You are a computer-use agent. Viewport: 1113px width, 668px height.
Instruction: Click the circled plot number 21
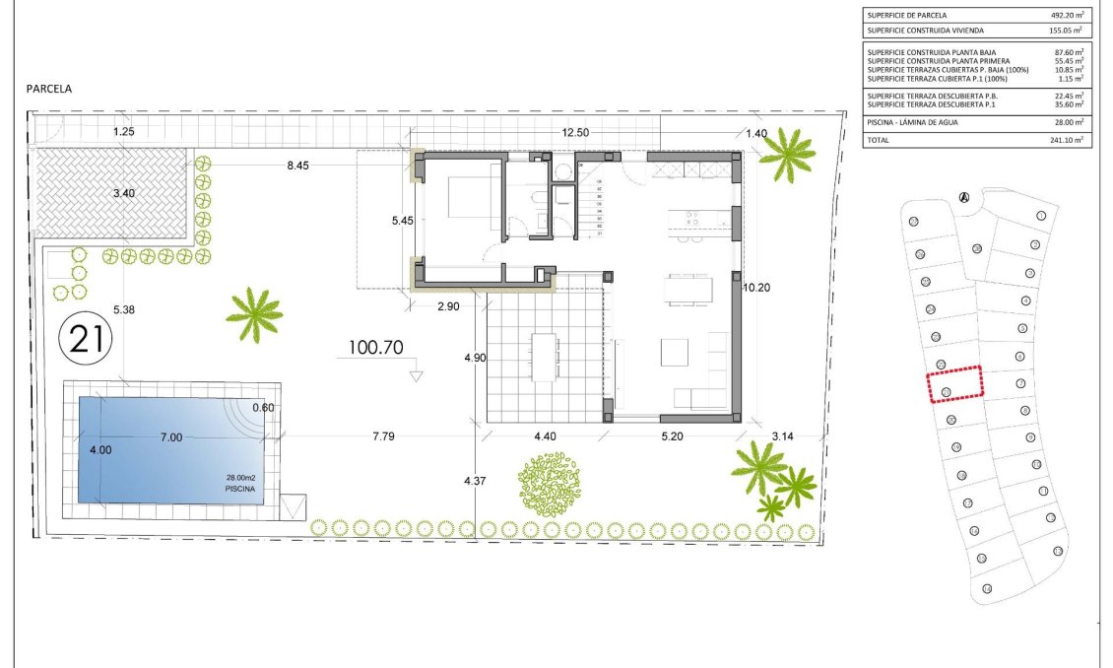[87, 339]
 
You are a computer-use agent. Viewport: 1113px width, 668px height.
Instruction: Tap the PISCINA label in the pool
[239, 488]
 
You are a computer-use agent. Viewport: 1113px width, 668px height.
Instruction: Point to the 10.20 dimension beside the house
[757, 287]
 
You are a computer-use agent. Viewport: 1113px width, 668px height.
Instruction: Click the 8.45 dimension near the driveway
[297, 166]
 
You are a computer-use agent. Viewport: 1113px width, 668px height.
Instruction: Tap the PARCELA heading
[50, 89]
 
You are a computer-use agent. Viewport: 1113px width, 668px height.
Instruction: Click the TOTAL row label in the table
[880, 140]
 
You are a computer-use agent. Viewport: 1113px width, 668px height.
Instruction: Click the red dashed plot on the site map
[955, 383]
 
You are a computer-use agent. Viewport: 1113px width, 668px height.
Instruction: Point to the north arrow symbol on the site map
[964, 197]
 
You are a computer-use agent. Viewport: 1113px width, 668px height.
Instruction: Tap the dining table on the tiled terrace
[544, 357]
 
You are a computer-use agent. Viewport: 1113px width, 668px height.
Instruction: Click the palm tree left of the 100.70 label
[254, 314]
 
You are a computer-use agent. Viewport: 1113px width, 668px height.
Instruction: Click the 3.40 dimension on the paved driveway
[123, 193]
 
